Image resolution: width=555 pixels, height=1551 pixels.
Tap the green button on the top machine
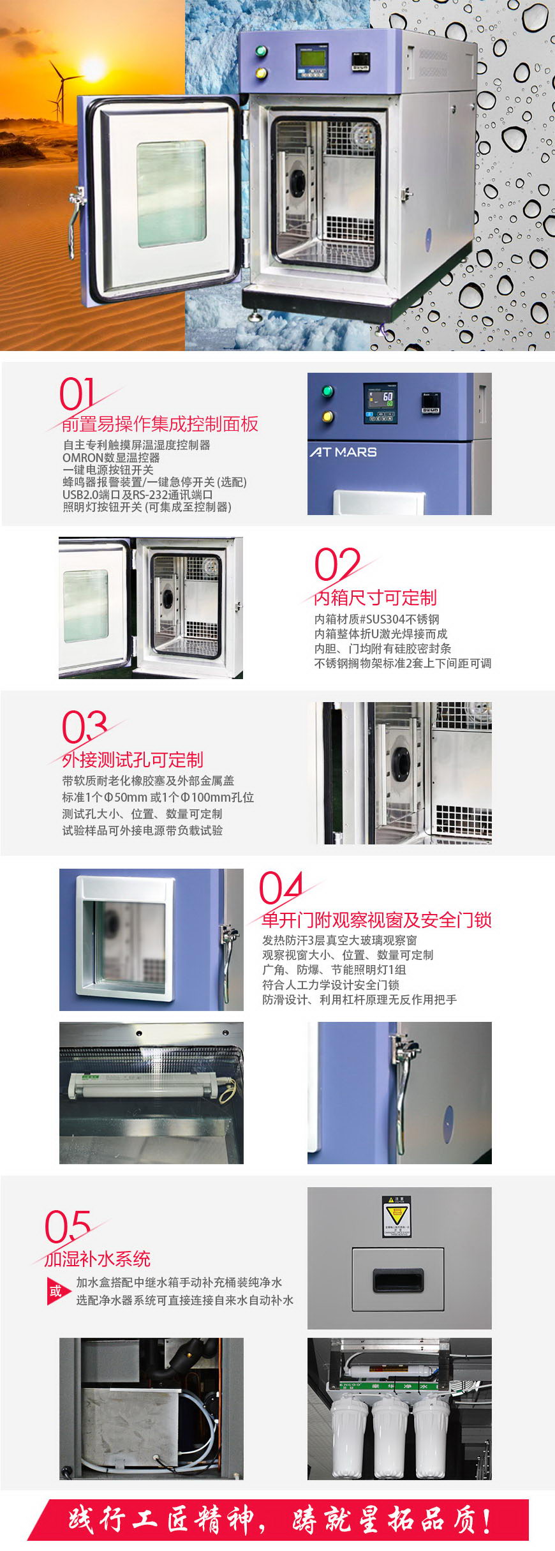(260, 52)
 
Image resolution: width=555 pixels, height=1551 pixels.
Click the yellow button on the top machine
(260, 73)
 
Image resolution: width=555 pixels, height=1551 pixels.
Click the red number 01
(77, 394)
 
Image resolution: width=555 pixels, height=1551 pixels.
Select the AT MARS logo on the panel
(343, 452)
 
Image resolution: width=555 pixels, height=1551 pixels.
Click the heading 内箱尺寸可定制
(375, 597)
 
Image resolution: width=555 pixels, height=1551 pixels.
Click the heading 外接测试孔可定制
(133, 760)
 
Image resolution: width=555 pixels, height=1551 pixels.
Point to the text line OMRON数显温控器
(111, 458)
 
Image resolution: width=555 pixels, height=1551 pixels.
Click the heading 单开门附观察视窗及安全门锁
(376, 920)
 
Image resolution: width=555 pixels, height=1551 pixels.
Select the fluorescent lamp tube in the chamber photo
(147, 1085)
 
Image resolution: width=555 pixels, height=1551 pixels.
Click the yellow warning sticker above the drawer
(396, 1217)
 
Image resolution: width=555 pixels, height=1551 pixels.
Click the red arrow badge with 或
(57, 1291)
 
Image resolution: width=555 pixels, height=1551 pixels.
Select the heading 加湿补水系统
(97, 1259)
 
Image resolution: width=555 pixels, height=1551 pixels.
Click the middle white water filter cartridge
(390, 1436)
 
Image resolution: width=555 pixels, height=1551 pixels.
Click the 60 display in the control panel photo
(387, 397)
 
